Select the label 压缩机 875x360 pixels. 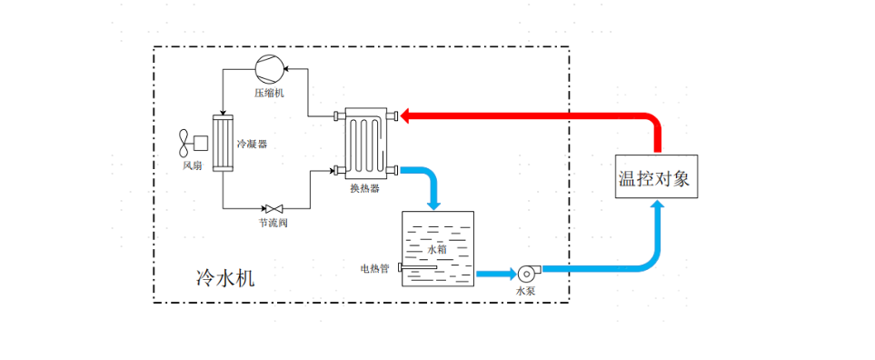coord(270,93)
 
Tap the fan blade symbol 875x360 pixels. coord(185,143)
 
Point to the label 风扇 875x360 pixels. coord(191,165)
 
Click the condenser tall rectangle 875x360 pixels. coord(223,144)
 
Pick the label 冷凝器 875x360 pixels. coord(253,144)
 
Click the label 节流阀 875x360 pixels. coord(273,223)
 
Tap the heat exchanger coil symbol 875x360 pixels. coord(365,143)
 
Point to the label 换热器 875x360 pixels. coord(364,189)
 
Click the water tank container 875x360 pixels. coord(438,248)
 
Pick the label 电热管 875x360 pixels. coord(375,268)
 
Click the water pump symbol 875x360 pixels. coord(527,272)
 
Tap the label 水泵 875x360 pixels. coord(526,292)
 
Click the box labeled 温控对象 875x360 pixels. coord(654,177)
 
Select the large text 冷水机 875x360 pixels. coord(225,277)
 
